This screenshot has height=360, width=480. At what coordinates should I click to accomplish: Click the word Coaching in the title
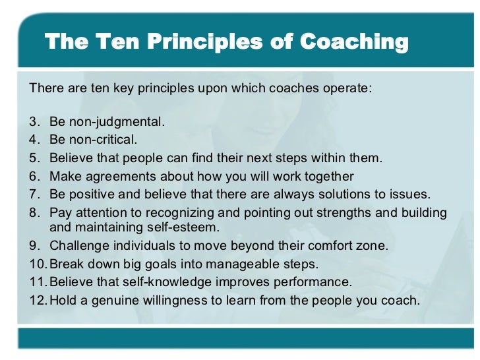354,42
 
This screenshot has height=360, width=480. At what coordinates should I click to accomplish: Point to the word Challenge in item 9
77,247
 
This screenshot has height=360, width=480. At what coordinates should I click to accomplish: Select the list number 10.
38,264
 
